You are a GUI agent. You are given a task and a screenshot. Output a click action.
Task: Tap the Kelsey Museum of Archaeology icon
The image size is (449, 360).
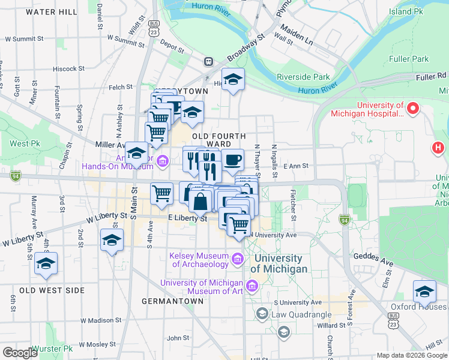(x=238, y=259)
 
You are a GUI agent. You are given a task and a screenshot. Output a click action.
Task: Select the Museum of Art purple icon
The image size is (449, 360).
(x=253, y=284)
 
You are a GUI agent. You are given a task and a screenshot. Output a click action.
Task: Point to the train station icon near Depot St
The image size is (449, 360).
(x=208, y=61)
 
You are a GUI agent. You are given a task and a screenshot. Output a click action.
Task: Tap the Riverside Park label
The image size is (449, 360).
(x=303, y=77)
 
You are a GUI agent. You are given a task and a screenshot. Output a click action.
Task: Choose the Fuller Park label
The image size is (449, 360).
(x=409, y=59)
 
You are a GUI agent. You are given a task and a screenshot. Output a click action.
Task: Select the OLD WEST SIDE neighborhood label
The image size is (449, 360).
(x=52, y=290)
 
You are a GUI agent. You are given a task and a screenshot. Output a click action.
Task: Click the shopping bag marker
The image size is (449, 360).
(x=200, y=201)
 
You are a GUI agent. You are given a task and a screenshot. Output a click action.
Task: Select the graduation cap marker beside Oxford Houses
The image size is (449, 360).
(x=424, y=292)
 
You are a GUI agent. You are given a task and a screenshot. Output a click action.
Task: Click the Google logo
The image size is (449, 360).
(x=20, y=353)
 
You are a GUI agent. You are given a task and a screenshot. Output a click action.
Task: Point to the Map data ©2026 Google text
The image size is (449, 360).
(x=411, y=355)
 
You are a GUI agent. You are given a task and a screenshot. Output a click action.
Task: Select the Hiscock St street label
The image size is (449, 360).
(x=70, y=69)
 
